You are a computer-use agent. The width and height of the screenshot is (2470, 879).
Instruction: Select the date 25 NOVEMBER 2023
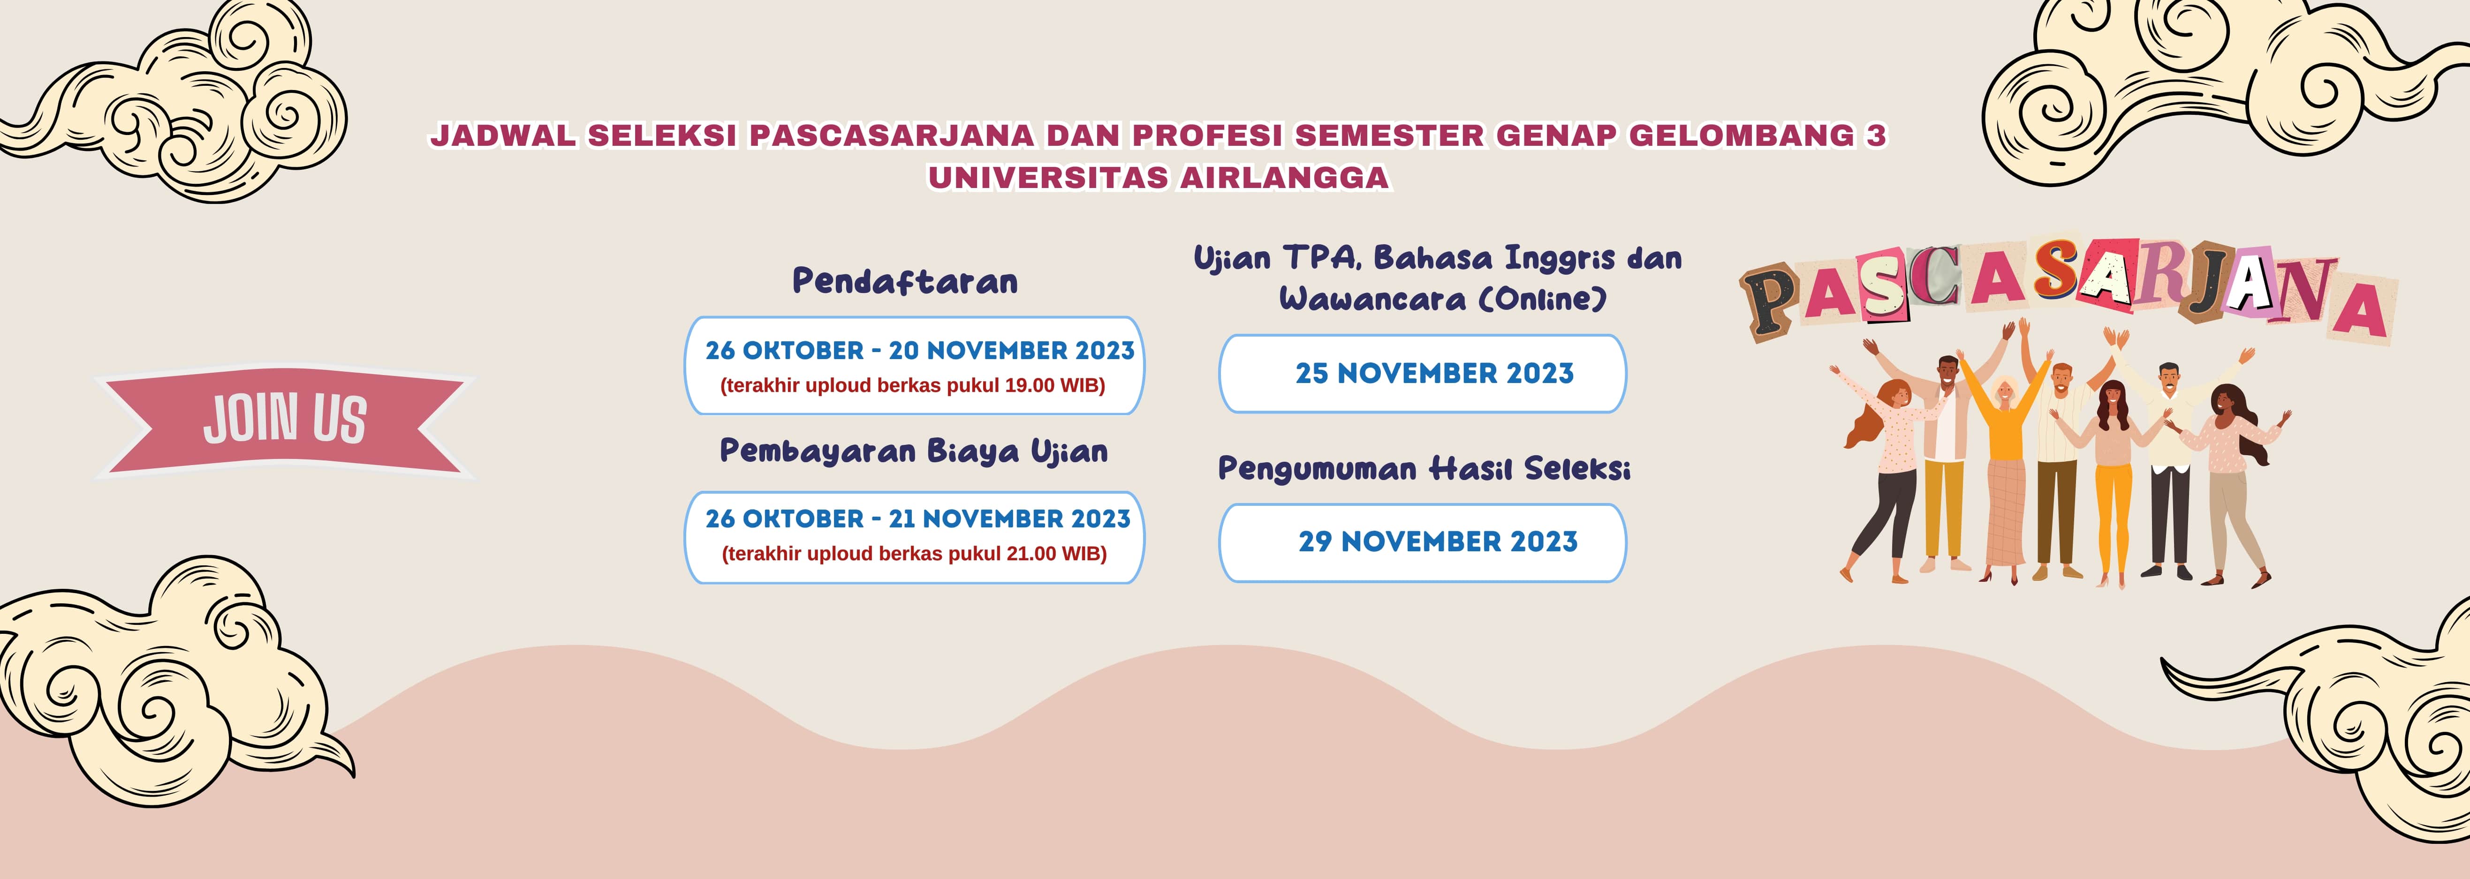pyautogui.click(x=1434, y=373)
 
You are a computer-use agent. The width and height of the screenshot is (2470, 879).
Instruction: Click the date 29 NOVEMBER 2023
pyautogui.click(x=1437, y=541)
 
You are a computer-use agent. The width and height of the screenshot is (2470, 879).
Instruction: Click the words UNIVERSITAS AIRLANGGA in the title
pyautogui.click(x=1158, y=177)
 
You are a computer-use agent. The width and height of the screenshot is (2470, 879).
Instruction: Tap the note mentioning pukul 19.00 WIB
pyautogui.click(x=913, y=385)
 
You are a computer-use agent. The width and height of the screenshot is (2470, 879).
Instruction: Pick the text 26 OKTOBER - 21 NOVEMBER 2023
pyautogui.click(x=917, y=518)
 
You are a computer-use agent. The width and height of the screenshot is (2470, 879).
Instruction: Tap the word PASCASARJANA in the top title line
pyautogui.click(x=892, y=135)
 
